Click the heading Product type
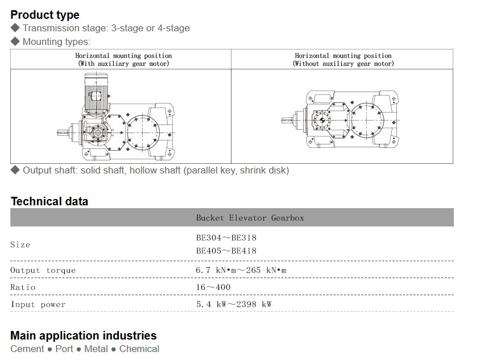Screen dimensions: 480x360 tap(45, 15)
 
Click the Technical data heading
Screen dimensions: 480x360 tap(49, 201)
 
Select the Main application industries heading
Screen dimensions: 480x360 tap(83, 336)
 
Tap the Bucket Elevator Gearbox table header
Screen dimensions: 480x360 tap(250, 218)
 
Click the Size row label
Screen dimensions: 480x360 tap(20, 245)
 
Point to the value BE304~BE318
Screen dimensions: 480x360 tap(226, 238)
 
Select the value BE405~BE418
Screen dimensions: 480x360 tap(226, 251)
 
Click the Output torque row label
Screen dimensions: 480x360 tap(43, 270)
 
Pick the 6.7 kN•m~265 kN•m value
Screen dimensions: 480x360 tap(241, 270)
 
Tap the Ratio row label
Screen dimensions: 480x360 tap(23, 287)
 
